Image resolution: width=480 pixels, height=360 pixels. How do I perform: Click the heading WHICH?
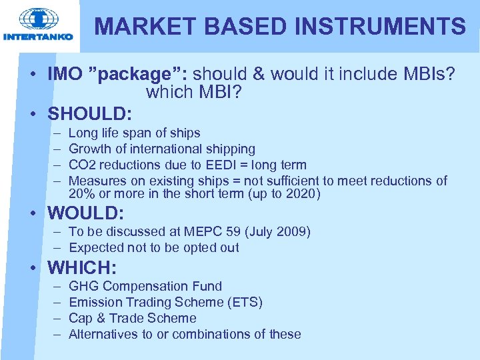[82, 267]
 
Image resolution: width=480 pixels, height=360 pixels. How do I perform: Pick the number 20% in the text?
[80, 194]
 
